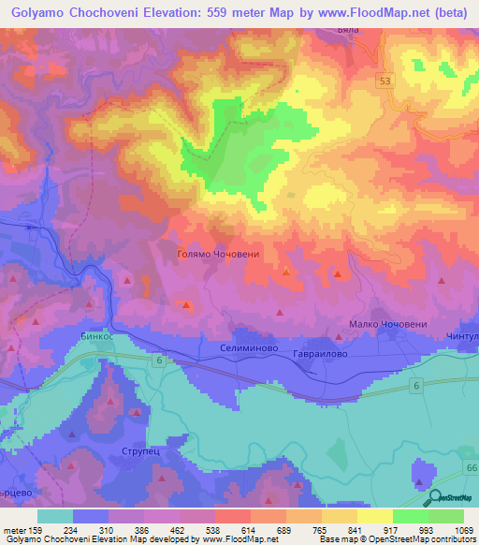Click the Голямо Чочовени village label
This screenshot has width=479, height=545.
(x=216, y=253)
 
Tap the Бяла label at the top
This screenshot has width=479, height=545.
(x=349, y=30)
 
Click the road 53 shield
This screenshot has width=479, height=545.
(x=386, y=81)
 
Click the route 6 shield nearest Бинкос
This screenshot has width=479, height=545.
(x=160, y=360)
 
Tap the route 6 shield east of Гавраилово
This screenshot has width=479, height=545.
(x=413, y=384)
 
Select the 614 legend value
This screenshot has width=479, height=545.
(x=232, y=530)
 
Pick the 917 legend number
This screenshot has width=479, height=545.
(x=378, y=530)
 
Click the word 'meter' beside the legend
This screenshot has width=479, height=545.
(x=14, y=530)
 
